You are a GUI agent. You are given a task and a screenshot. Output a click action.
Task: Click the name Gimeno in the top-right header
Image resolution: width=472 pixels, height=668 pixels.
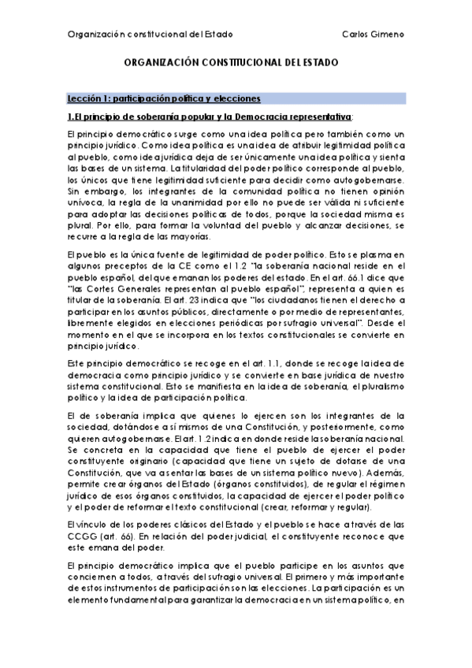(388, 34)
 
